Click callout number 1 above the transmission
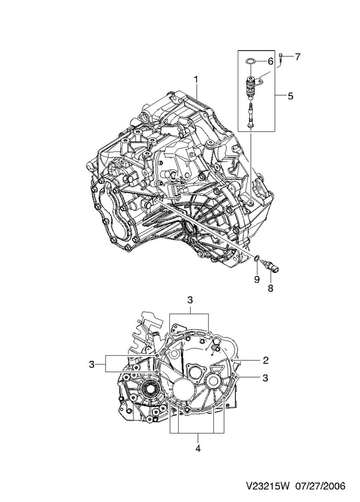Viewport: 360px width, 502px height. coord(195,79)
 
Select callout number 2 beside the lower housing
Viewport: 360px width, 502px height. coord(265,360)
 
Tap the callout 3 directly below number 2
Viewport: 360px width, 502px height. coord(265,378)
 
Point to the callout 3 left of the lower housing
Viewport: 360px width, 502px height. coord(92,365)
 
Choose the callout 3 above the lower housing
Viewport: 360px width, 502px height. coord(190,300)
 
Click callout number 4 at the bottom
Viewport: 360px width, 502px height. coord(198,448)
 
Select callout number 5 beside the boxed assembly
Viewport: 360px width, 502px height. coord(290,96)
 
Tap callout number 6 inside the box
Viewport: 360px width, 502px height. coord(270,61)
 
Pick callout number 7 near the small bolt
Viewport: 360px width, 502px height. coord(298,57)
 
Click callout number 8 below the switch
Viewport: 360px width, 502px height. coord(270,288)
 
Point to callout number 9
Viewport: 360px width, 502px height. coord(257,279)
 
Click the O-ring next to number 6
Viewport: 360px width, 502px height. coord(250,60)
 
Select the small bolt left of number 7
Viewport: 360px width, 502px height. coord(280,58)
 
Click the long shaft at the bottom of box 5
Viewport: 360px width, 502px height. coord(251,117)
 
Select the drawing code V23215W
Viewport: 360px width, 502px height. coord(267,486)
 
